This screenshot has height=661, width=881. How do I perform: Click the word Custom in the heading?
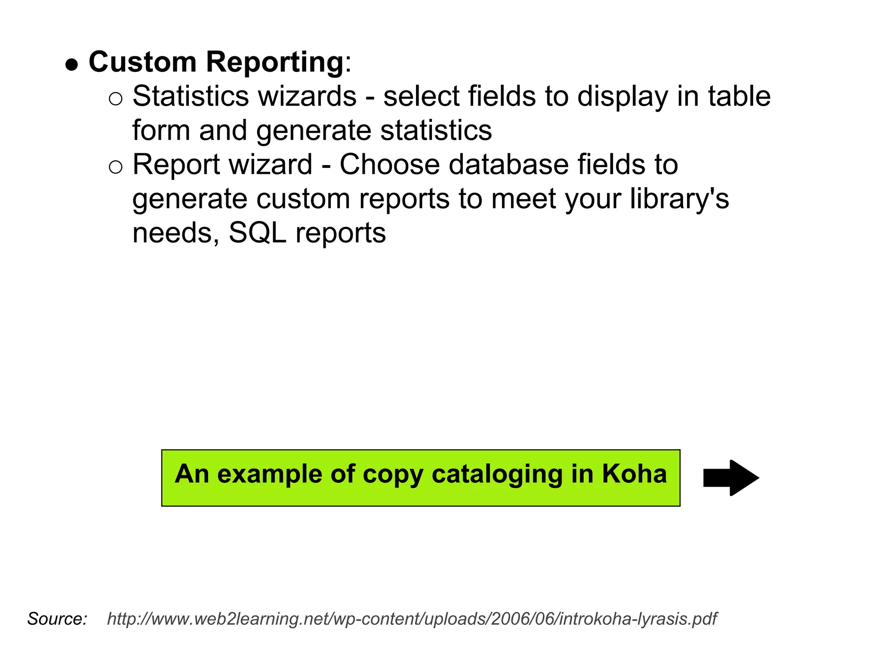pos(142,62)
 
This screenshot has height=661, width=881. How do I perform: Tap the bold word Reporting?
pos(274,63)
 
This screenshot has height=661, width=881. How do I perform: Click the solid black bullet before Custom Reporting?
pos(72,65)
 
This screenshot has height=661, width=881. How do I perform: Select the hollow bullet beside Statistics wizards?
pos(116,99)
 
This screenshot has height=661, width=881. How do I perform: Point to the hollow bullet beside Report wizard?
pos(116,167)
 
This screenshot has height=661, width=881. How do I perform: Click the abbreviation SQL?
pos(257,233)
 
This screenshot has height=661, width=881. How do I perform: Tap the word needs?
pos(176,233)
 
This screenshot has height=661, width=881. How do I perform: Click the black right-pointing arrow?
pos(731,478)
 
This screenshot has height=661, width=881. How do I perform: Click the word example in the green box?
pos(270,475)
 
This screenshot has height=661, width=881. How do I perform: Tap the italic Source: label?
pos(57,619)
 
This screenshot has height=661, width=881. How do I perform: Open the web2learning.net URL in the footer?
pos(412,619)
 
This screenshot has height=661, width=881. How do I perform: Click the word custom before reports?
pos(303,199)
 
